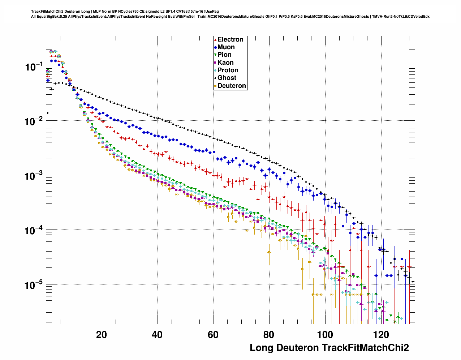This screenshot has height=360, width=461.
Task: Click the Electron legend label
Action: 231,39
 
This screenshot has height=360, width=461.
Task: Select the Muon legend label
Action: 226,47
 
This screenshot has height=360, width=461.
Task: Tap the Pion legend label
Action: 224,55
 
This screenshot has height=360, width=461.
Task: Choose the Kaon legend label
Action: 225,63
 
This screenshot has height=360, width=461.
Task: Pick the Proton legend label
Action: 228,70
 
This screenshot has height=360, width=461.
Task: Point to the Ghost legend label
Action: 227,78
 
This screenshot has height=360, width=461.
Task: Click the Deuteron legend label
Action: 232,86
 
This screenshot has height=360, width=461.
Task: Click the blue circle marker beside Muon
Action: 215,47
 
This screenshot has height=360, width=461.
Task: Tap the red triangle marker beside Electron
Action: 215,40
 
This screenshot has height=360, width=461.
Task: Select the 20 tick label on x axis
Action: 102,335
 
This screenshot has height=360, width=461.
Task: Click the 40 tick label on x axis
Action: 157,335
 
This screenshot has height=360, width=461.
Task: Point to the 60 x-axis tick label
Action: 213,335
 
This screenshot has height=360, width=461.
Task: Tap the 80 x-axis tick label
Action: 269,335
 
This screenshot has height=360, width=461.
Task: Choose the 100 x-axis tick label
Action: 324,335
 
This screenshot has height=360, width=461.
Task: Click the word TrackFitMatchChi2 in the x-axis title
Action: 365,348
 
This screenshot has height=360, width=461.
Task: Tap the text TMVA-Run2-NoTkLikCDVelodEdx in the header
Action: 401,16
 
